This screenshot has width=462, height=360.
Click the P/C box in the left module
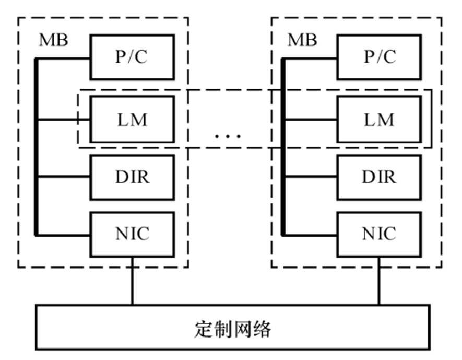tap(132, 57)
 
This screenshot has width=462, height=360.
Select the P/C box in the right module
tap(379, 57)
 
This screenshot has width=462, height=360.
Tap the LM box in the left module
tap(132, 120)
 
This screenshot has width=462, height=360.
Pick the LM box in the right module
tap(379, 120)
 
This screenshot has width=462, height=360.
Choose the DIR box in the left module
tap(132, 177)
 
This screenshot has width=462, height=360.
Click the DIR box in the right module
tap(379, 177)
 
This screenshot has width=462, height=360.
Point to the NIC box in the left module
tap(132, 234)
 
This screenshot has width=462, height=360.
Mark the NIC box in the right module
tap(379, 234)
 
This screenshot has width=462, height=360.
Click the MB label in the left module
tap(53, 41)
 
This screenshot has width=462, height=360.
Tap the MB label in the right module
tap(302, 41)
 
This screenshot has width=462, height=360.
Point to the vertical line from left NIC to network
tap(132, 280)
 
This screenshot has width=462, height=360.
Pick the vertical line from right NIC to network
tap(379, 280)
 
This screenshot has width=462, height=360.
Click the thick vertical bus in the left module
tap(37, 146)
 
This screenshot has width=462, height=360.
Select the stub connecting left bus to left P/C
tap(64, 57)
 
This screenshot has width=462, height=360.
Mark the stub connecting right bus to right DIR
tap(311, 177)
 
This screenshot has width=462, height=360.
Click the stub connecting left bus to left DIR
tap(64, 177)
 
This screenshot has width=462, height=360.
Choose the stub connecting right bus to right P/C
tap(311, 57)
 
